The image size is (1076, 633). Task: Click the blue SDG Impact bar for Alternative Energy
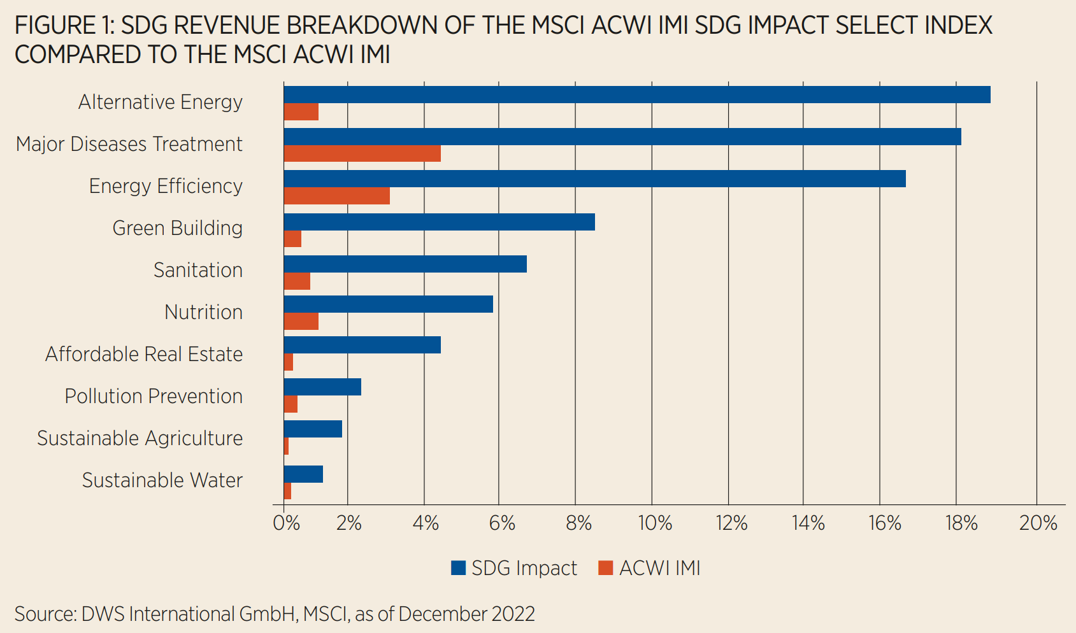(x=637, y=94)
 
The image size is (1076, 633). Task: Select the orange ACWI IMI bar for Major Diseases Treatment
(x=362, y=153)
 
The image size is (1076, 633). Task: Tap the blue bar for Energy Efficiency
(x=594, y=179)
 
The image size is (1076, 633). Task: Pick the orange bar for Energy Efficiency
(x=336, y=196)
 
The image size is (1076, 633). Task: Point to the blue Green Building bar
(x=439, y=222)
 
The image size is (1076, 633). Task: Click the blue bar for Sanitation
(x=405, y=264)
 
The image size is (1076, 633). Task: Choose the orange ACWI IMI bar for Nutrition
(x=301, y=322)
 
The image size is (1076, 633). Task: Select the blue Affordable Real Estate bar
(x=362, y=345)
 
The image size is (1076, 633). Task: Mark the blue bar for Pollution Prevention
(x=322, y=387)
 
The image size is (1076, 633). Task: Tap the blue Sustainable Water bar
(x=303, y=474)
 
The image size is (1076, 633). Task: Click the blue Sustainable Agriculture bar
(x=313, y=429)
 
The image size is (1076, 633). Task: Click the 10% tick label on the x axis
(x=655, y=523)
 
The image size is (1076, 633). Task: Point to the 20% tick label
(x=1038, y=523)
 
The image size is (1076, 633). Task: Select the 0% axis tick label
(x=286, y=523)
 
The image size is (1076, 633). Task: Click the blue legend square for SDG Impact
(x=458, y=568)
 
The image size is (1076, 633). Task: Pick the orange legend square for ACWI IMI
(x=605, y=568)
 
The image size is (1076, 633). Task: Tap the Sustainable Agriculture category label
(x=140, y=438)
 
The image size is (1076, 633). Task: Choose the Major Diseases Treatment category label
(x=129, y=144)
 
